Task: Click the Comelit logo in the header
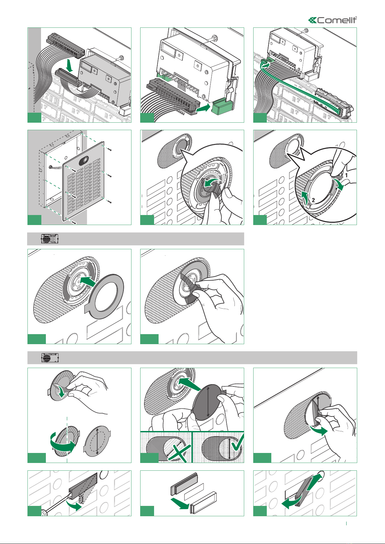coord(332,20)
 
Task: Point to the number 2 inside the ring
coord(313,200)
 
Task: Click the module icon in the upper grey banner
coord(49,239)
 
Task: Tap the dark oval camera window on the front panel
coord(84,160)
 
